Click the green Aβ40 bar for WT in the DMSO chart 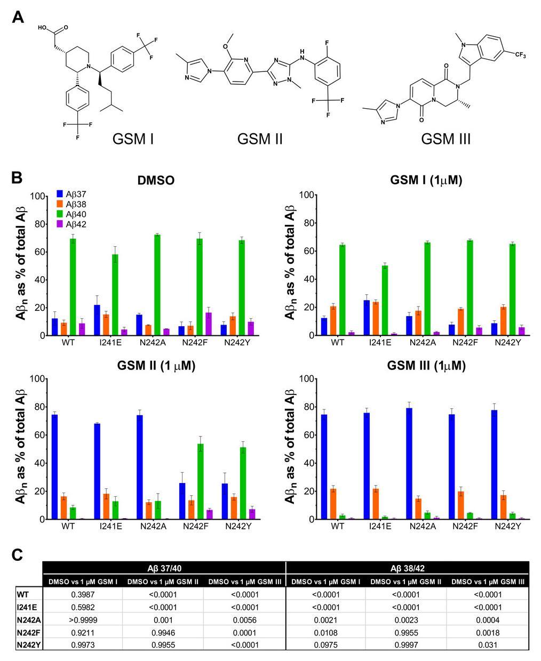pos(73,287)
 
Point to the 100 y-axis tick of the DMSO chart pos(37,196)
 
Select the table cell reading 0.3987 pos(83,595)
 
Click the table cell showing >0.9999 pos(83,620)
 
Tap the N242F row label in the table pos(29,632)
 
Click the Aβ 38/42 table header pos(408,567)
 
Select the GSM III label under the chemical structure pos(445,139)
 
